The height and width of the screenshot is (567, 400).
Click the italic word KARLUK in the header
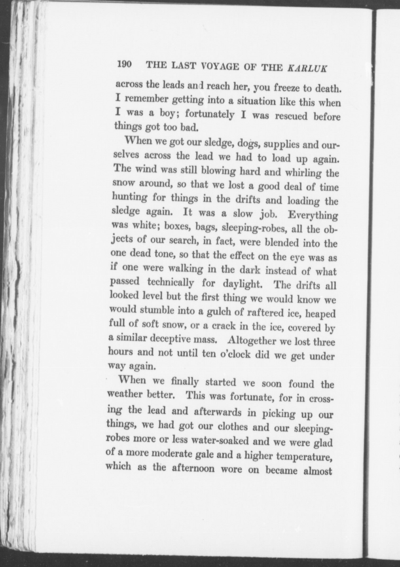tap(307, 68)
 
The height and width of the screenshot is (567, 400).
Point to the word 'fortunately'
tap(210, 114)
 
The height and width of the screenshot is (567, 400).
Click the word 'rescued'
tap(291, 116)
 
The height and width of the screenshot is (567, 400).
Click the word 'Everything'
tap(313, 215)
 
